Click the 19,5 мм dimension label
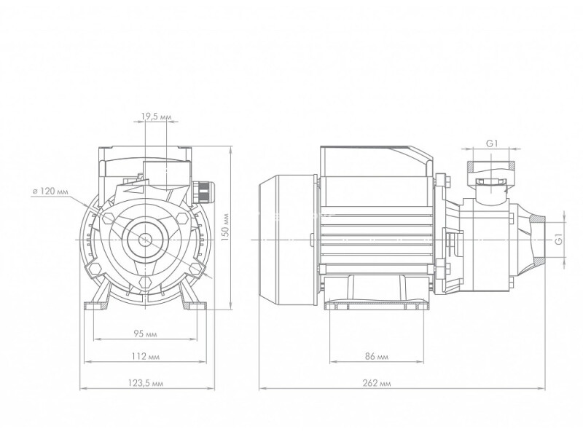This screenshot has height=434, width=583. coord(156,117)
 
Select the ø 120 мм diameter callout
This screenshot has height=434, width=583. coord(50,192)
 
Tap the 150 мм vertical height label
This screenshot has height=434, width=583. coord(224,227)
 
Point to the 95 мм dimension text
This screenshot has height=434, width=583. coord(145,334)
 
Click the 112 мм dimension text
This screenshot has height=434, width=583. coord(145,356)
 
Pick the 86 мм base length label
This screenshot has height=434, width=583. coord(376,356)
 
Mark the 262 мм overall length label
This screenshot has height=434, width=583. coord(376,383)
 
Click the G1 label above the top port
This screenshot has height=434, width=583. coord(492,143)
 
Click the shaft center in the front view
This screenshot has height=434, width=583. coord(145,240)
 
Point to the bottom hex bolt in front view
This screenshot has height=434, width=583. coord(145,282)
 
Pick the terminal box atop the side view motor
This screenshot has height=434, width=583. coord(376,162)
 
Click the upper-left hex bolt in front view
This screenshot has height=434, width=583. coord(108,217)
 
